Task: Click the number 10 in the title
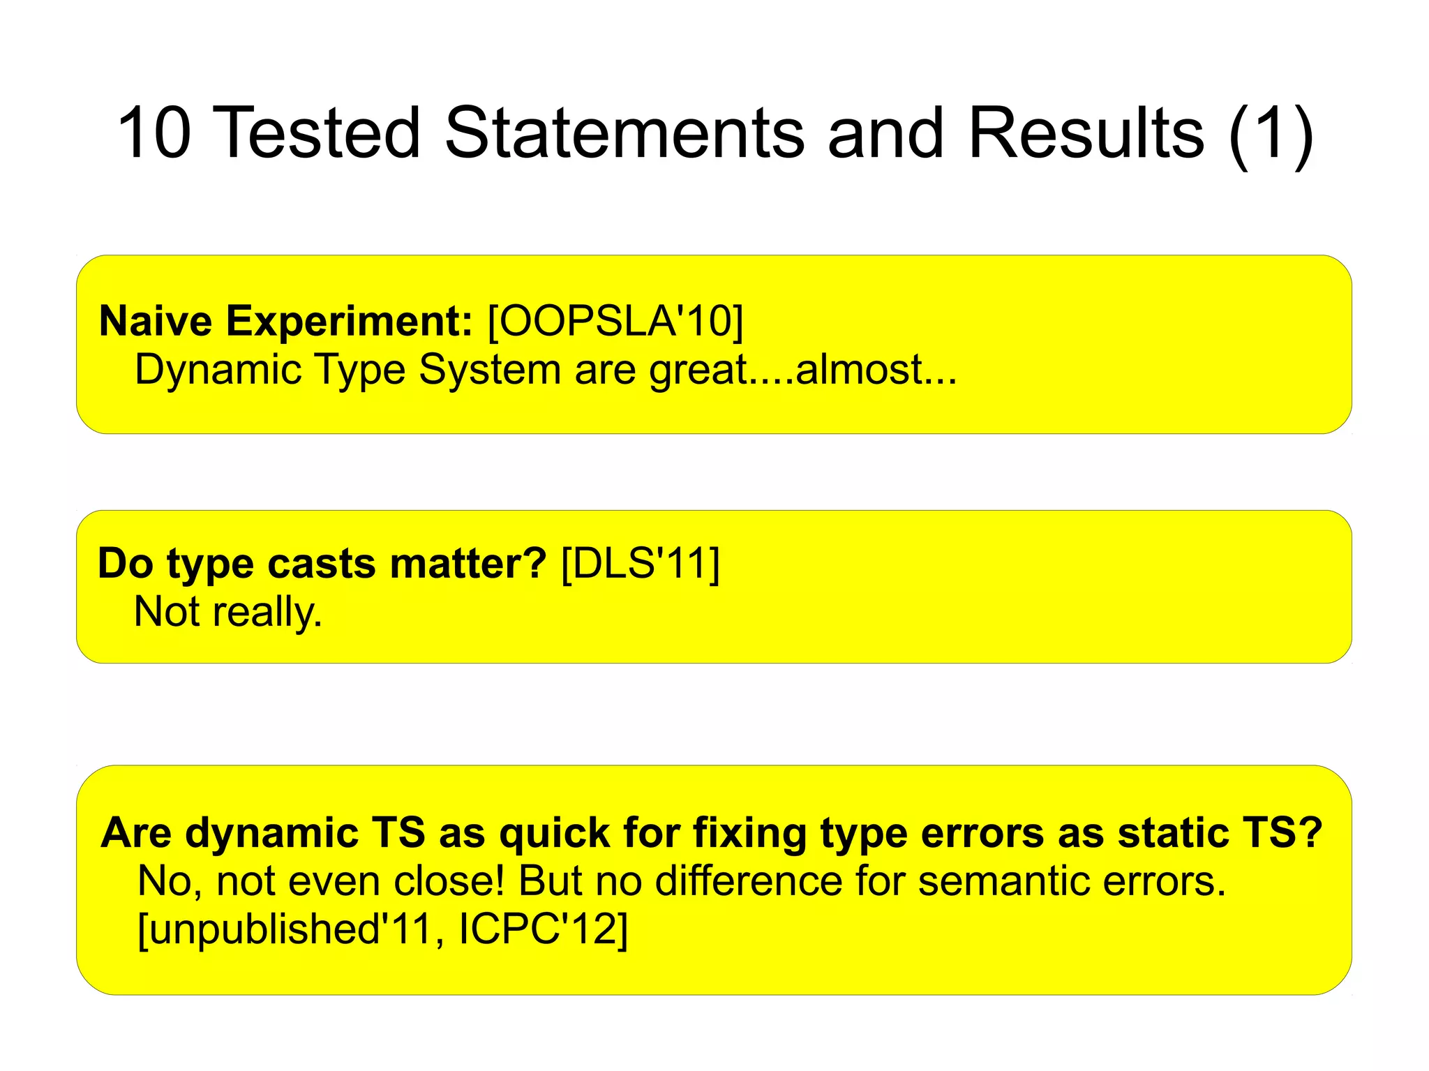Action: (x=154, y=133)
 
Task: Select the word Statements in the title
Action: (x=625, y=133)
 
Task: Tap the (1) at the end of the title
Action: (x=1271, y=134)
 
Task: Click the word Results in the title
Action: (x=1086, y=133)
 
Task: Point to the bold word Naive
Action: (x=156, y=322)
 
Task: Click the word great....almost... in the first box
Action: (x=802, y=370)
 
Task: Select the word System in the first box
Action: (x=489, y=370)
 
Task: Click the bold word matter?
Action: (x=467, y=564)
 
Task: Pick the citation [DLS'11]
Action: (x=640, y=564)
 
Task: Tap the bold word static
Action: (x=1173, y=833)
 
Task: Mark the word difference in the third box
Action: (x=749, y=881)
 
